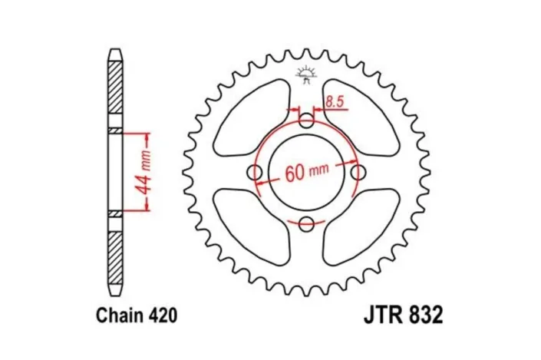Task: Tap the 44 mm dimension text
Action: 144,173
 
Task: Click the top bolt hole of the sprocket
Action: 307,121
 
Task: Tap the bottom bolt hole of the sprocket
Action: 307,223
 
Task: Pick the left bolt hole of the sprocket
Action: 256,172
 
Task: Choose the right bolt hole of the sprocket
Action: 358,172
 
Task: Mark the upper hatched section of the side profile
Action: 114,88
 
